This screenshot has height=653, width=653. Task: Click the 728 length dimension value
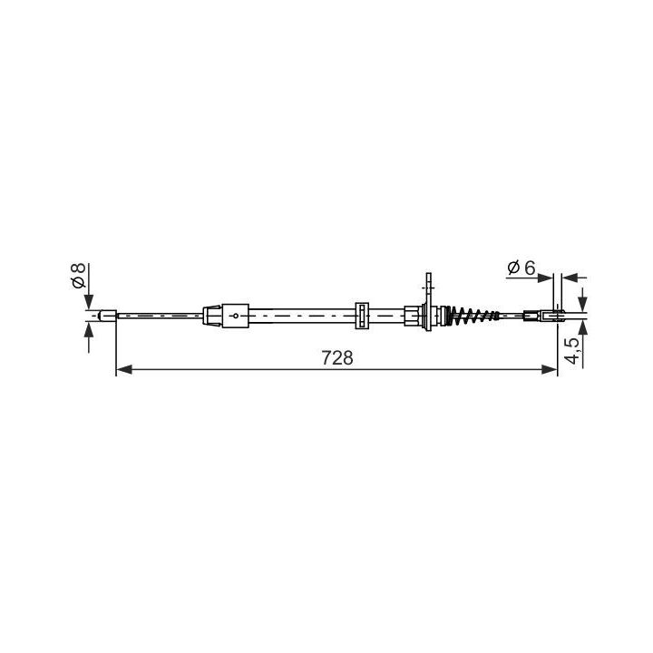(x=336, y=357)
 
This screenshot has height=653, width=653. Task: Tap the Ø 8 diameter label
(x=79, y=276)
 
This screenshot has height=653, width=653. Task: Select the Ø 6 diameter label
(x=521, y=268)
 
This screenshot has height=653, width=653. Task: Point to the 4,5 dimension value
(x=574, y=351)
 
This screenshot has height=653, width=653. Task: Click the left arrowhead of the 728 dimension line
(x=123, y=369)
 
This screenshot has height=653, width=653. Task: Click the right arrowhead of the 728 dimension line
(x=550, y=369)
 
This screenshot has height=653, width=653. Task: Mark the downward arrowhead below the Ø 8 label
(x=88, y=302)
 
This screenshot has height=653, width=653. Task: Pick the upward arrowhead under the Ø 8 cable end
(x=88, y=329)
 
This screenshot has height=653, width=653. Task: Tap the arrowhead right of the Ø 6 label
(x=545, y=278)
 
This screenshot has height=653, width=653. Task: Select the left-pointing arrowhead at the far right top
(x=570, y=278)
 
